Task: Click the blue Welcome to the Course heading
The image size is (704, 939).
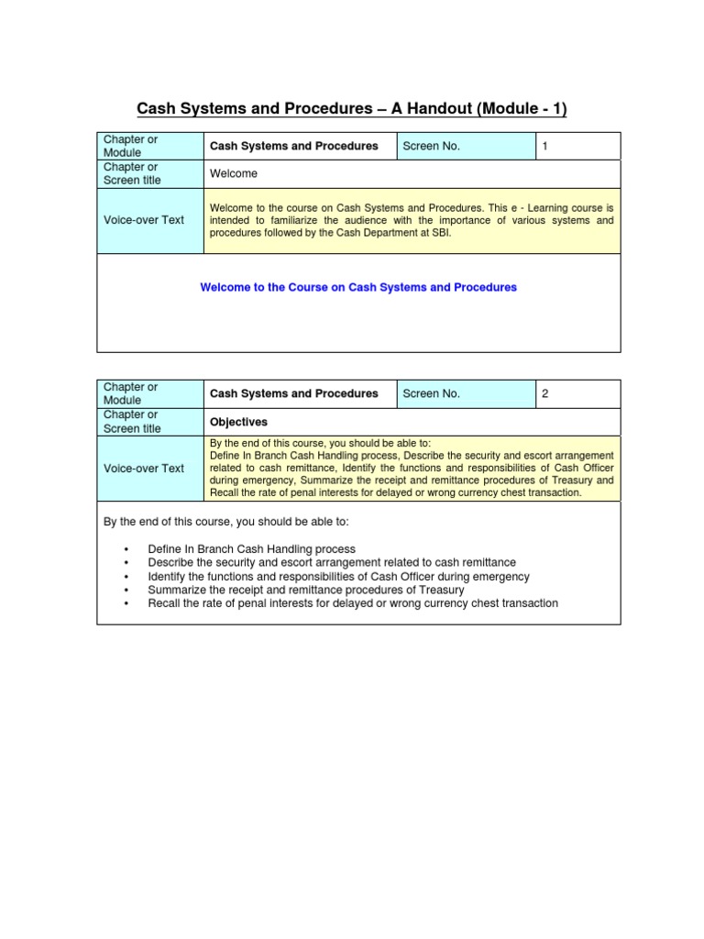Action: coord(358,287)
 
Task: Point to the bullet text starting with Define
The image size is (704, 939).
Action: coord(251,548)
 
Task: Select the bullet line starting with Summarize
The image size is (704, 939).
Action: coord(305,590)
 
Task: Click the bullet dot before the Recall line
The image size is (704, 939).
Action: coord(126,604)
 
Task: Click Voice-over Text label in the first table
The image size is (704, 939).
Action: coord(143,220)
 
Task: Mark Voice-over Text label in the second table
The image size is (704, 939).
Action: coord(143,468)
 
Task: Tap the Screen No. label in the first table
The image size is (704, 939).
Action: coord(431,146)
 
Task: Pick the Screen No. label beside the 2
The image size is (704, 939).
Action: coord(431,393)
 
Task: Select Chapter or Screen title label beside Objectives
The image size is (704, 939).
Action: coord(132,422)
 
